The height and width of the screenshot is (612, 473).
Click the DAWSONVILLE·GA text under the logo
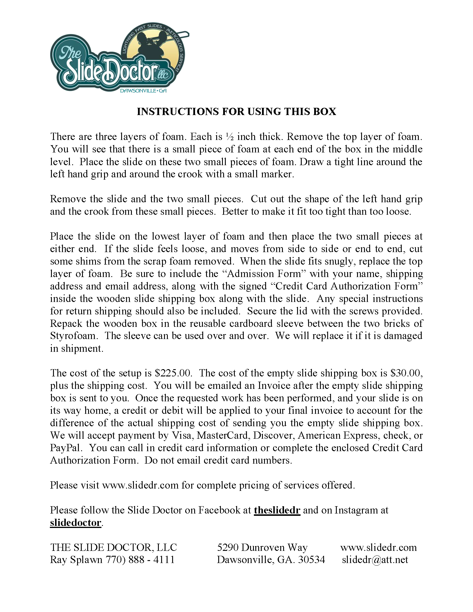143,91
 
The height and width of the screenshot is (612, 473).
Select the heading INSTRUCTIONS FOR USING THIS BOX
236,112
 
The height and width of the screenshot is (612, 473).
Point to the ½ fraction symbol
230,137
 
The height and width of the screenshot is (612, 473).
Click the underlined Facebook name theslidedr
277,510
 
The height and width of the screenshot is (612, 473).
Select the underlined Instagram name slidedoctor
76,522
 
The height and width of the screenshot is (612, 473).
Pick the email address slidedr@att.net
375,560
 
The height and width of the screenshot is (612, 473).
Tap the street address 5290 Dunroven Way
262,547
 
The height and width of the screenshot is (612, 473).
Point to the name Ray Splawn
76,560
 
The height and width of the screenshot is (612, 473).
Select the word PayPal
66,448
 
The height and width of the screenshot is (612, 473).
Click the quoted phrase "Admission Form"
264,274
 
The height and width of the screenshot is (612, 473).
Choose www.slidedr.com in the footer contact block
379,547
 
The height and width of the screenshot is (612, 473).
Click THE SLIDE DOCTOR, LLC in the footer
114,547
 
